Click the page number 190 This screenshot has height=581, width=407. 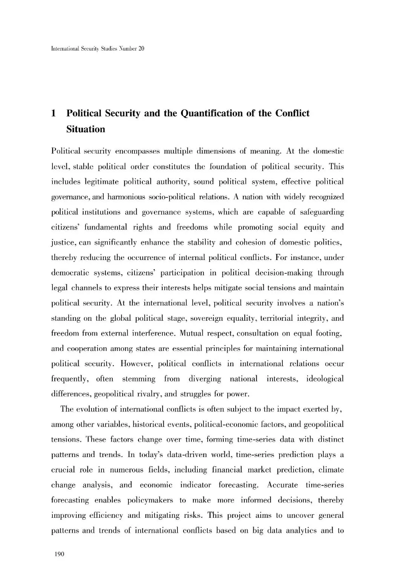click(60, 554)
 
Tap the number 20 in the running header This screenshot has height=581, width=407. click(141, 49)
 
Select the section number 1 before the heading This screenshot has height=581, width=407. click(54, 113)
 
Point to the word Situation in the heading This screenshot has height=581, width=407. click(86, 129)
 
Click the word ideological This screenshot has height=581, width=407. click(324, 379)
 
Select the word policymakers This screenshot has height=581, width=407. click(150, 500)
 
